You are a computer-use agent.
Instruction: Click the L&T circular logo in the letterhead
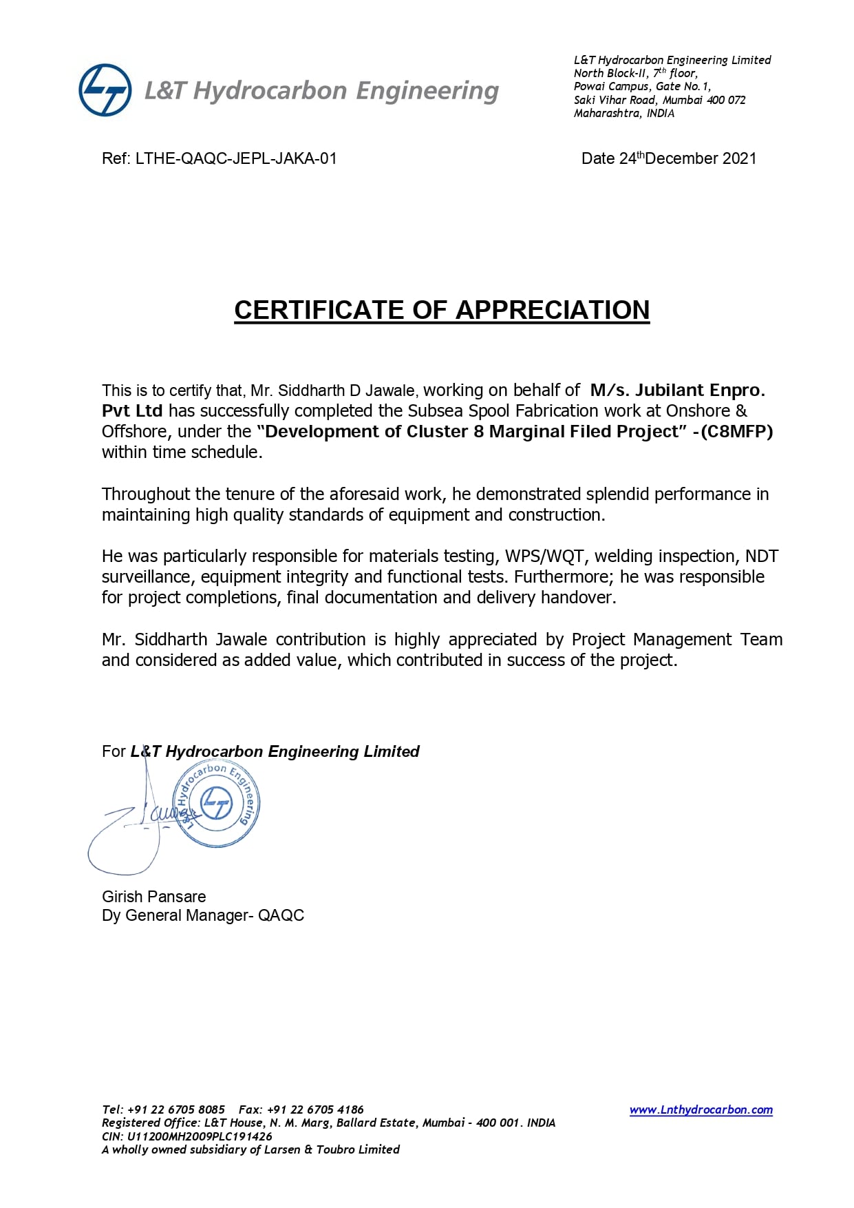[105, 90]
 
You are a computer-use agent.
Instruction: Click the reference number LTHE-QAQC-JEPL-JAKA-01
[236, 158]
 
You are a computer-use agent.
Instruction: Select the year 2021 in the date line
[740, 158]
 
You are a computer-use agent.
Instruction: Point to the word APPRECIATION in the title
[553, 310]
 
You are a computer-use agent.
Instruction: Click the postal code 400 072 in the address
[726, 100]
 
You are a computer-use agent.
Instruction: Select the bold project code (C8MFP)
[737, 432]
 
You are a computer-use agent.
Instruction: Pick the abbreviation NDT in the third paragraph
[762, 556]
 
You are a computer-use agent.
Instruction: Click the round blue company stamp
[216, 804]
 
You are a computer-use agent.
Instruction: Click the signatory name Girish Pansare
[154, 897]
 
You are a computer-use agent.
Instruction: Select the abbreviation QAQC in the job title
[281, 915]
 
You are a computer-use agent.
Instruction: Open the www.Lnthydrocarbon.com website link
[701, 1110]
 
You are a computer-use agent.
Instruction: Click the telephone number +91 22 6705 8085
[176, 1110]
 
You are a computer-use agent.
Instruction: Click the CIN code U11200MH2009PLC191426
[200, 1136]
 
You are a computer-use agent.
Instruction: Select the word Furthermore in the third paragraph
[562, 577]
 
